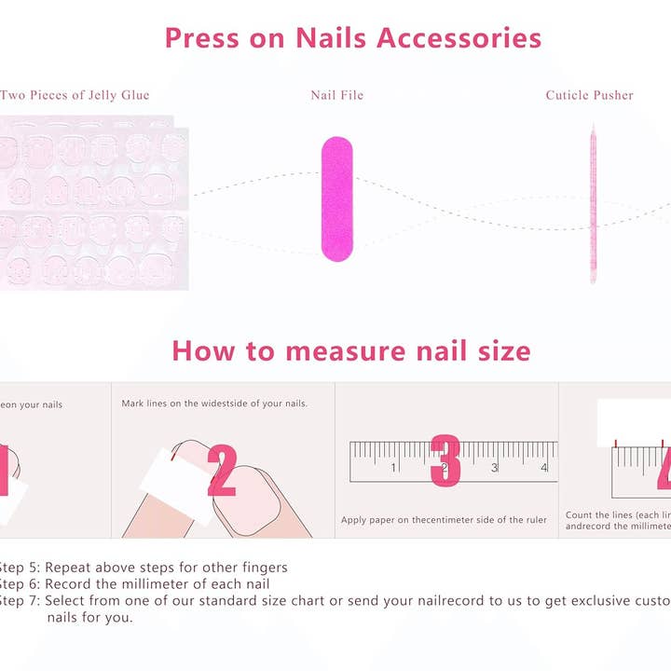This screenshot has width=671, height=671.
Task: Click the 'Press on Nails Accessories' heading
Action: (x=352, y=38)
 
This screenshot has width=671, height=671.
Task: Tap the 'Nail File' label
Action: (x=336, y=95)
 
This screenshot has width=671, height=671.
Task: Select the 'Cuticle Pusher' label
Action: (x=589, y=95)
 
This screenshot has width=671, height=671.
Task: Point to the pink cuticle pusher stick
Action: (x=592, y=205)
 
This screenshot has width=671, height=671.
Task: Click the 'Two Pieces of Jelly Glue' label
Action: (x=75, y=95)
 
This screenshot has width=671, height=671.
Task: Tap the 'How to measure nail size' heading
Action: (x=350, y=351)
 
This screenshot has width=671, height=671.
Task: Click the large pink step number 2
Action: (x=222, y=470)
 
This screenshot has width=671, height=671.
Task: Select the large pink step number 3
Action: (x=445, y=459)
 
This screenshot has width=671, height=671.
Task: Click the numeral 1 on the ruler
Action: (x=393, y=468)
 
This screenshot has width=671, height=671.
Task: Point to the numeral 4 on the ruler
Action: (x=543, y=468)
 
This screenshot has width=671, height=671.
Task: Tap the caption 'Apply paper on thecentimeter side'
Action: (x=444, y=520)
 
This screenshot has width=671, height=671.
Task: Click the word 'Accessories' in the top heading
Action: (x=459, y=38)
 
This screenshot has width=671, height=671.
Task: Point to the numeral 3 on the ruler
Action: (x=494, y=468)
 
